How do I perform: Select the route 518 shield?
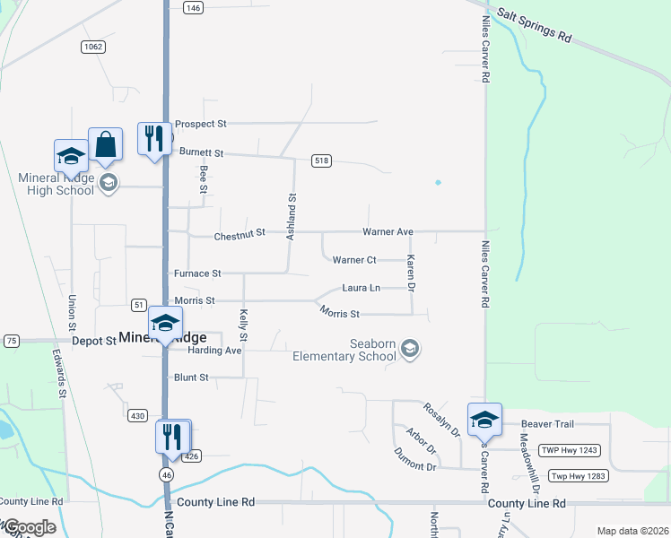[x=322, y=160]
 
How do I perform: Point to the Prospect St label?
[x=201, y=124]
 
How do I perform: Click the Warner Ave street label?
[x=388, y=232]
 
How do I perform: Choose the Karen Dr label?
[x=411, y=273]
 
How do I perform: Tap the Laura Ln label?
[x=361, y=288]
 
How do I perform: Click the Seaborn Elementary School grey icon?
[x=410, y=348]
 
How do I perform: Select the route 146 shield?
[x=193, y=7]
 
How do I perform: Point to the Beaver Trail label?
[x=547, y=423]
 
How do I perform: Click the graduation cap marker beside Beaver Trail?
[x=484, y=420]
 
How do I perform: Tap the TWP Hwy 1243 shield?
[x=569, y=450]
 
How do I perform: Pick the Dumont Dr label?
[x=414, y=460]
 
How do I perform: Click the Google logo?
[x=29, y=527]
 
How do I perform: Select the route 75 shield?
[x=12, y=341]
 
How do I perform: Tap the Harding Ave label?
[x=214, y=350]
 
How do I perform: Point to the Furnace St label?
[x=197, y=273]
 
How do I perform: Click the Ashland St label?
[x=291, y=215]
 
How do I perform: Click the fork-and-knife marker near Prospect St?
[x=154, y=139]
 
